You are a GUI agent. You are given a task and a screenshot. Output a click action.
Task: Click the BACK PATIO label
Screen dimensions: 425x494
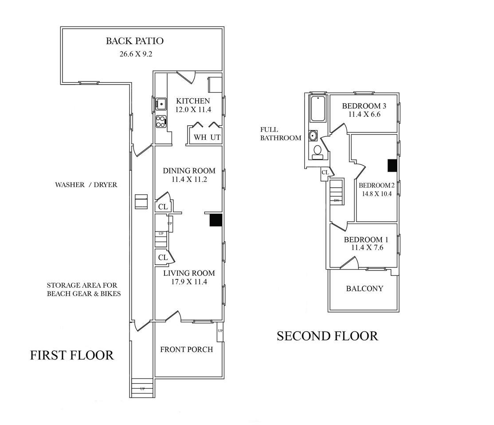(134, 41)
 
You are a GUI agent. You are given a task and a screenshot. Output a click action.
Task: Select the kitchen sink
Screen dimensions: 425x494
(161, 104)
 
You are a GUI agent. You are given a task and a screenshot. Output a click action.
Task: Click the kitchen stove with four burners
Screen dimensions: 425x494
(161, 121)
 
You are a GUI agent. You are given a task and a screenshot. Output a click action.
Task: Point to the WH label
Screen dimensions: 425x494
(200, 137)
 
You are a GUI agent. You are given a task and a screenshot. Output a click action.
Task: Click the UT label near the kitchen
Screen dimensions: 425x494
(216, 137)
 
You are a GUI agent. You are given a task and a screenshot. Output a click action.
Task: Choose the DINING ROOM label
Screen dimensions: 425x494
(189, 171)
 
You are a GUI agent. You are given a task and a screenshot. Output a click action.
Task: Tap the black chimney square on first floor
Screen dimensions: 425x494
(216, 220)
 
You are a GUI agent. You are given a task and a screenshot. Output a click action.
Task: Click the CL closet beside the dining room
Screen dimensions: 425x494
(163, 207)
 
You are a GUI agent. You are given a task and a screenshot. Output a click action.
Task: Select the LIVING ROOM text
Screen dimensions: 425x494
(189, 273)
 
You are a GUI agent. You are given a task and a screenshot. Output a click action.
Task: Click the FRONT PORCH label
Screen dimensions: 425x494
(186, 350)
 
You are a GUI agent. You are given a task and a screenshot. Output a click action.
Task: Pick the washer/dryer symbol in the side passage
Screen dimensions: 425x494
(141, 202)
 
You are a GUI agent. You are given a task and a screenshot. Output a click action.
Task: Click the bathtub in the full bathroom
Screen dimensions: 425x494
(318, 109)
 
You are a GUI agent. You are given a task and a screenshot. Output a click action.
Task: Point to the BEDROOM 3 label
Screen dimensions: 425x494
(364, 106)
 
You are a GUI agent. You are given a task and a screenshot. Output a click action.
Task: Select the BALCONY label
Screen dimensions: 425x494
(364, 289)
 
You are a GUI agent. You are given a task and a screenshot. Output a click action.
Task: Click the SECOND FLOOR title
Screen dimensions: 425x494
(327, 336)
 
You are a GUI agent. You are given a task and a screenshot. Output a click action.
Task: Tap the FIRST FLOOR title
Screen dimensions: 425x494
(72, 355)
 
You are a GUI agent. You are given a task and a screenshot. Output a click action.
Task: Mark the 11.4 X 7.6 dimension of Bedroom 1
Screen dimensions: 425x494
(367, 248)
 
